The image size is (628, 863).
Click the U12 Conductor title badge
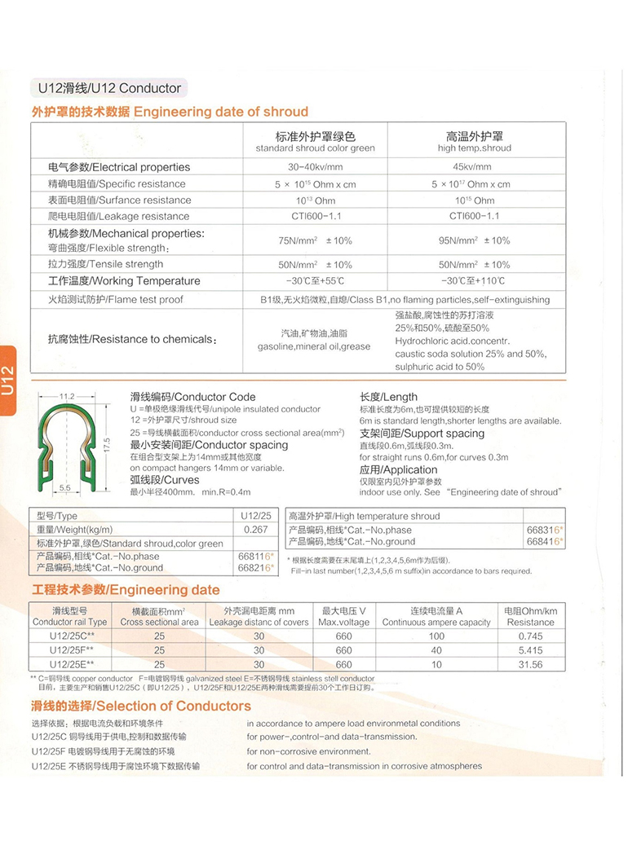tap(108, 88)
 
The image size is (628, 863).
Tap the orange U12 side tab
tap(8, 381)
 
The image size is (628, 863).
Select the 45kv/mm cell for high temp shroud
tap(474, 167)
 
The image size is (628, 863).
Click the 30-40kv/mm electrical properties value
tap(315, 167)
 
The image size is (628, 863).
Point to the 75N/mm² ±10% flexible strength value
tap(315, 240)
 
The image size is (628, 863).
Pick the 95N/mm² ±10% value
tap(474, 240)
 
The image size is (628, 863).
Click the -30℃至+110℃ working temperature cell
tap(474, 281)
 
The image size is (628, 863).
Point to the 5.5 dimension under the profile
tap(64, 487)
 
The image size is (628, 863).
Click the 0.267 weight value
tap(255, 530)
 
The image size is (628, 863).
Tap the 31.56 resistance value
tap(530, 664)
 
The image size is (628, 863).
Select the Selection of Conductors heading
tap(141, 706)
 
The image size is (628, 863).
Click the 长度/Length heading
tap(388, 397)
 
